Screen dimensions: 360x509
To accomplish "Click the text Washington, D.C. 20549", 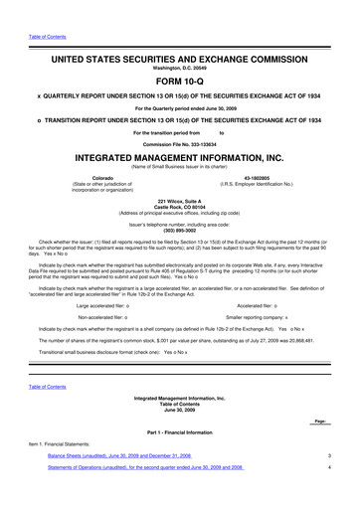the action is point(179,53).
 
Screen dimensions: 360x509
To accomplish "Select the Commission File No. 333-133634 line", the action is point(179,143).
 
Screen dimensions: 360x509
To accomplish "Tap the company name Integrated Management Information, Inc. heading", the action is point(179,158).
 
